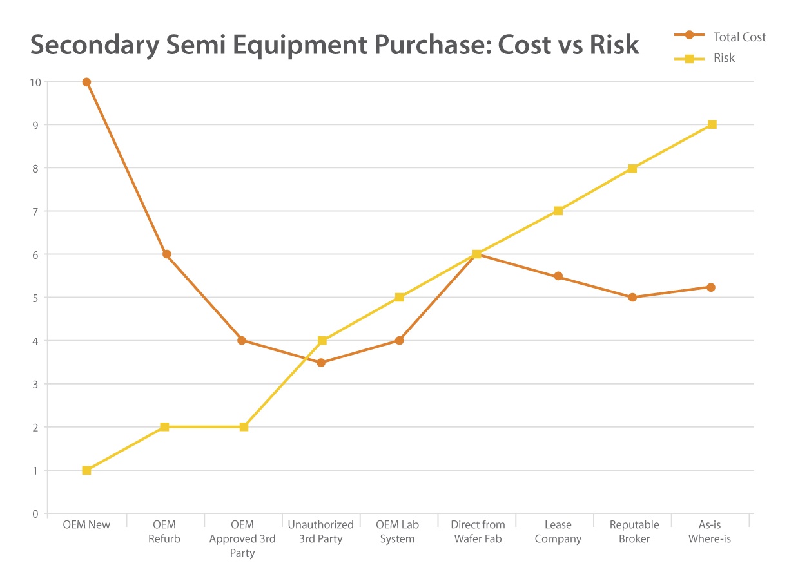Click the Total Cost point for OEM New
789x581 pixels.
coord(86,82)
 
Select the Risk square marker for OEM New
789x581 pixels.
coord(86,470)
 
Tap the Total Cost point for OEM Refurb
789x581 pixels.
coord(166,254)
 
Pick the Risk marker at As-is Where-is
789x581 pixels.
coord(712,124)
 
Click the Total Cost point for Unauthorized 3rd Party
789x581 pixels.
coord(321,363)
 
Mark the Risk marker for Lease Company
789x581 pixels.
coord(558,211)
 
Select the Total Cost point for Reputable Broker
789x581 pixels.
coord(632,297)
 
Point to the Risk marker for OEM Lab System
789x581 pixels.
coord(399,297)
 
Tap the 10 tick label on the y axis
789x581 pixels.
coord(35,82)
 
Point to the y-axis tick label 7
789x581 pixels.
coord(36,211)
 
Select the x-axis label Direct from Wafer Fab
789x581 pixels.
coord(478,531)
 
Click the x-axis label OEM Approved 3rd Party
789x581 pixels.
coord(242,538)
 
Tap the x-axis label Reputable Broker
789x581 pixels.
coord(634,531)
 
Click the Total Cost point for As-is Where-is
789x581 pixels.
coord(710,287)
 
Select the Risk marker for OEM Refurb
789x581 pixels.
coord(164,426)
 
